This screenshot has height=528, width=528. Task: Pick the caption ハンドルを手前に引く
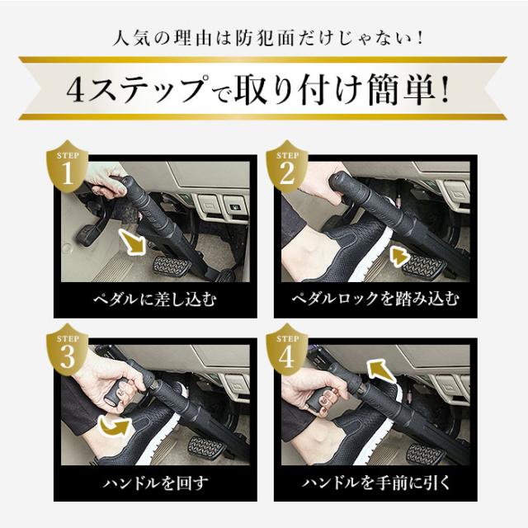374,480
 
